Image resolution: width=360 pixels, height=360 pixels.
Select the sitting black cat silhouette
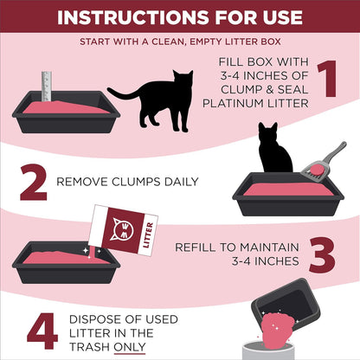pos(275,150)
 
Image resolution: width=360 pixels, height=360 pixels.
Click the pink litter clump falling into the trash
pos(281,331)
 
